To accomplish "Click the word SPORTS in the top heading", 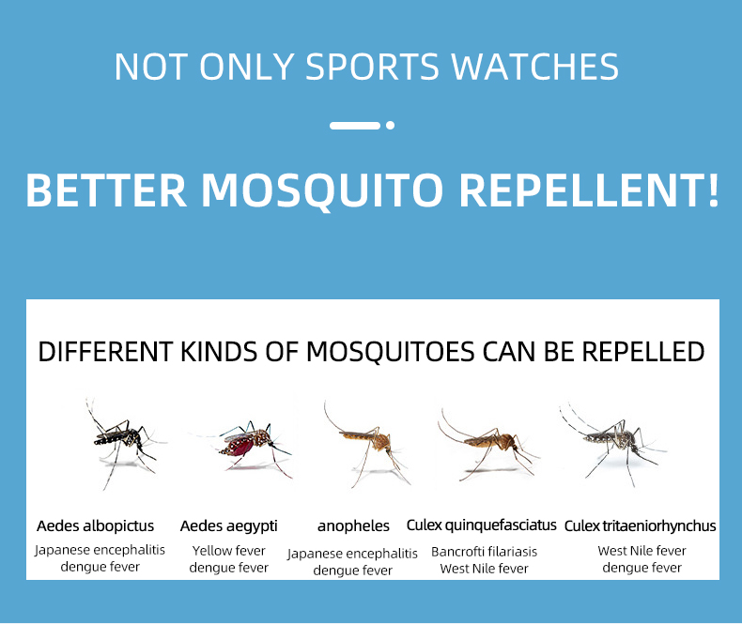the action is click(373, 67).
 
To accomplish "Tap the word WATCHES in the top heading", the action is click(534, 67).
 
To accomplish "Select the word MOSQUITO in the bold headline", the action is click(323, 190).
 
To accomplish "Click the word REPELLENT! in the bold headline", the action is click(589, 190).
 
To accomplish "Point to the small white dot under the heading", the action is click(391, 126).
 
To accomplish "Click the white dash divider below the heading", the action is click(355, 126).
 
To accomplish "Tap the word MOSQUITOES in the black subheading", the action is click(391, 352).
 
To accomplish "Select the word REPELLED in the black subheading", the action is click(643, 352).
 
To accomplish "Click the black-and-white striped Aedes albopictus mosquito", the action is click(124, 442).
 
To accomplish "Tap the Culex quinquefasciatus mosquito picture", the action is click(487, 445).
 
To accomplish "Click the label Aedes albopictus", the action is click(96, 525).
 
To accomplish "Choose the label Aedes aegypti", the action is click(228, 526).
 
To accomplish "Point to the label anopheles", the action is click(353, 526).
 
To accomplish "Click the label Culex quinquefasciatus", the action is click(481, 525).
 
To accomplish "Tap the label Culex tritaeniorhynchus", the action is click(641, 526).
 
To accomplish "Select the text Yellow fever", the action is click(228, 551).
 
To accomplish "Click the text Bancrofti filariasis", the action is click(484, 552).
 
